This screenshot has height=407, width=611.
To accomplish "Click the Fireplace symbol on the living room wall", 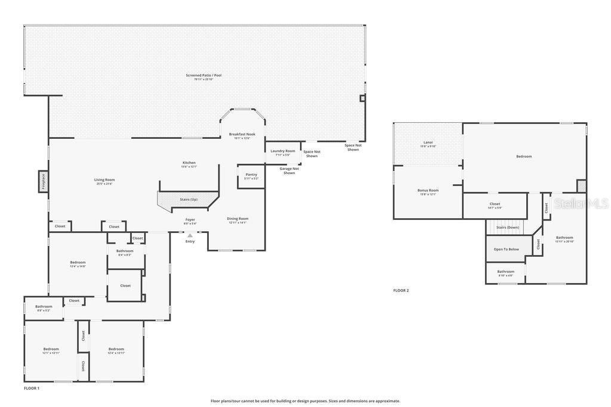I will click(x=43, y=181).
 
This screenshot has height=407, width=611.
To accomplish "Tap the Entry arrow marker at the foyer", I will click(x=190, y=235).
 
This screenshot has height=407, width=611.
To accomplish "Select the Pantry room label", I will click(x=251, y=175).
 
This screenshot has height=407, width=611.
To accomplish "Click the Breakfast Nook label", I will click(x=242, y=134).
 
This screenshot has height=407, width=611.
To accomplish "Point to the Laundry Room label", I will click(x=283, y=151).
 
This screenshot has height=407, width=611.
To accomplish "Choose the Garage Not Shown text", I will click(x=289, y=170).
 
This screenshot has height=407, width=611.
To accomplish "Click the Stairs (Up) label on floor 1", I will click(x=189, y=199).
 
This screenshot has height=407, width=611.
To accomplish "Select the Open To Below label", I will click(x=506, y=249).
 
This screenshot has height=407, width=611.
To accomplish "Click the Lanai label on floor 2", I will click(x=428, y=142).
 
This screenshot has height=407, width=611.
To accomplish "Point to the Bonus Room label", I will click(x=429, y=191).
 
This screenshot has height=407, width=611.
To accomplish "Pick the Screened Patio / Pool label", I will click(x=203, y=75).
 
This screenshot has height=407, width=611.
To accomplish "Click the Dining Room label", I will click(x=237, y=219).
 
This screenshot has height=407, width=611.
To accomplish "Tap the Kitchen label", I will click(x=189, y=163).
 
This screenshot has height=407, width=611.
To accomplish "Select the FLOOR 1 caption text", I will click(x=32, y=388).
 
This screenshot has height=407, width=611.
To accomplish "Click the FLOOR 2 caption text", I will click(x=401, y=290).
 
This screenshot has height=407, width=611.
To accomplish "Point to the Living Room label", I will click(x=104, y=179).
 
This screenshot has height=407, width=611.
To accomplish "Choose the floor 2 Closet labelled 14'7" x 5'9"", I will click(x=495, y=204).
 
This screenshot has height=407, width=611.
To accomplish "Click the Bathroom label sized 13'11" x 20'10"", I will click(x=564, y=237).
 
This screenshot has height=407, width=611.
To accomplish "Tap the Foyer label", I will click(x=190, y=219).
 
